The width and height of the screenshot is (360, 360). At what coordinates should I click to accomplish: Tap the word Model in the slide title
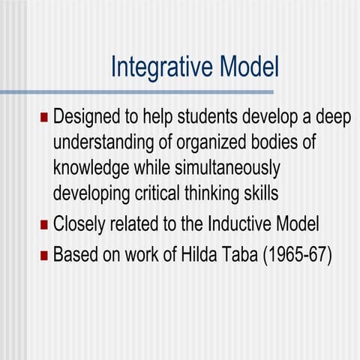click(249, 67)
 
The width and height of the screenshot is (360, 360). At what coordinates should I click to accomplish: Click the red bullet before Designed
click(43, 118)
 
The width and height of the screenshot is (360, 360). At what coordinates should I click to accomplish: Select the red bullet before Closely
click(43, 223)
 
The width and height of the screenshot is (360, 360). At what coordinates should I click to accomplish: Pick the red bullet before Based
click(43, 254)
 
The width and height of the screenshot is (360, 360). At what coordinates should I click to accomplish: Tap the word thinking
click(221, 193)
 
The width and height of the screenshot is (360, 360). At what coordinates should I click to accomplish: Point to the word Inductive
click(241, 223)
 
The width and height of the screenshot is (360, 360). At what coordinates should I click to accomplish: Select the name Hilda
click(203, 254)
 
